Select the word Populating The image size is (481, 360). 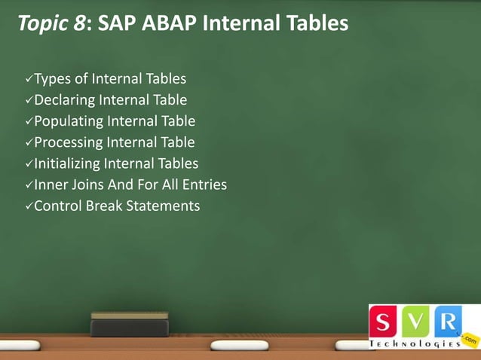(x=69, y=121)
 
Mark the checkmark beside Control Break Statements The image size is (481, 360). (x=29, y=206)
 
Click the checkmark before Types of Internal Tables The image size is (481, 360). (x=29, y=79)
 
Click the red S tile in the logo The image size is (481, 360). (x=384, y=322)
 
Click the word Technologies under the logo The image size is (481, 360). (x=415, y=343)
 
